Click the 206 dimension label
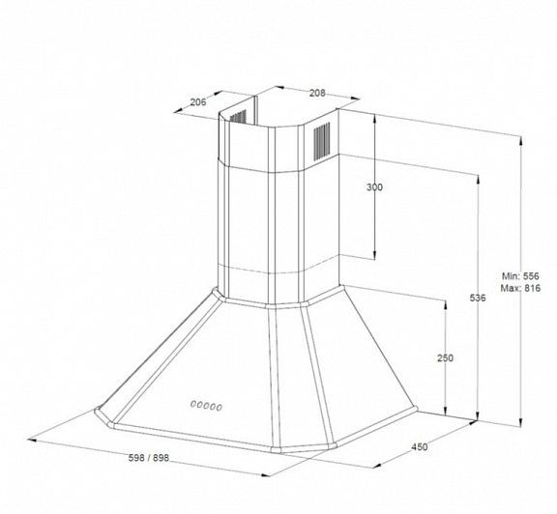pos(198,102)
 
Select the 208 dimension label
pos(317,93)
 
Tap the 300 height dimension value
pos(375,187)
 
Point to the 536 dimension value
pos(478,299)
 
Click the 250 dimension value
pos(445,358)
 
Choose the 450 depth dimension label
pos(420,447)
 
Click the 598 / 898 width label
pos(149,458)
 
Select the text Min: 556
pos(520,276)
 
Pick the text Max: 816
pos(520,288)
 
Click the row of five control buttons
pos(206,406)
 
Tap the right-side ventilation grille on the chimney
pos(321,141)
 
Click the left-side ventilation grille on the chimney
pos(238,117)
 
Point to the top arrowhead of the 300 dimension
pos(374,118)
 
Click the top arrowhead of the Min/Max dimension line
pos(521,141)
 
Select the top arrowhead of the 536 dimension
pos(478,180)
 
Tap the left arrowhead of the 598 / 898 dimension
pos(32,441)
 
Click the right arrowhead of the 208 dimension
pos(355,100)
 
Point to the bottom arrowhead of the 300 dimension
pos(374,255)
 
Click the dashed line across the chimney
pos(278,269)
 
